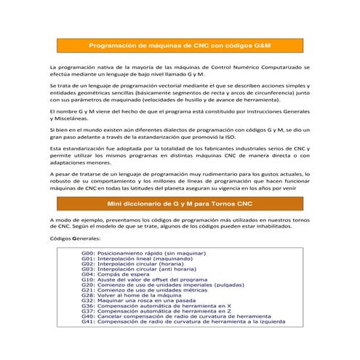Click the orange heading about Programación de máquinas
(180, 45)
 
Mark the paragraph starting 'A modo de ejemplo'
(180, 222)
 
